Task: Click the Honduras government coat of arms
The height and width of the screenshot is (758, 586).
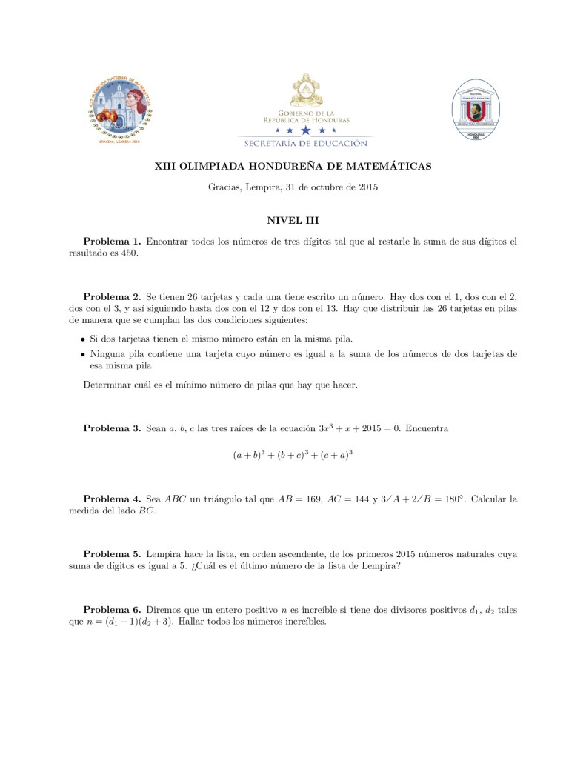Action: [306, 92]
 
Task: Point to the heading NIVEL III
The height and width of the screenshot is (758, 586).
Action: [293, 220]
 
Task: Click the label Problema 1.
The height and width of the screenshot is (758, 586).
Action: [112, 242]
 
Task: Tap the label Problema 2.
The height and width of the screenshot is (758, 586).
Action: [112, 296]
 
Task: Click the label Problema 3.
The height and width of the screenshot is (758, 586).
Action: [112, 428]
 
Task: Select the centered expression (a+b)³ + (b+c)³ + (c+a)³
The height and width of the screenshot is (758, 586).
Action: [293, 455]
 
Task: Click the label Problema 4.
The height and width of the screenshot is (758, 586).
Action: [112, 499]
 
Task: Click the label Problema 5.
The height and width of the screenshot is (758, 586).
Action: [112, 553]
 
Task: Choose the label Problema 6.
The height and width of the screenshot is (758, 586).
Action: [112, 610]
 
